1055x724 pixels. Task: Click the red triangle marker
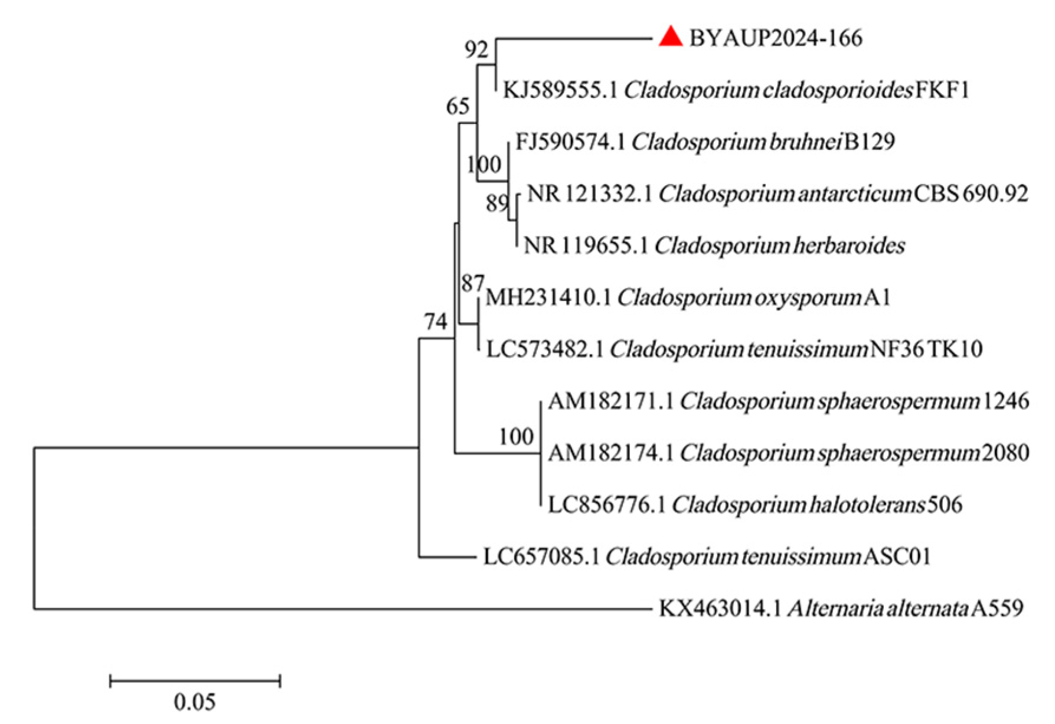tap(671, 38)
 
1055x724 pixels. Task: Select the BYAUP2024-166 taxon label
tap(776, 38)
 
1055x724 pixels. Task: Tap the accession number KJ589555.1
tap(560, 90)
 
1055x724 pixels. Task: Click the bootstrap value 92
tap(476, 50)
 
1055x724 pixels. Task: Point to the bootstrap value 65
tap(458, 106)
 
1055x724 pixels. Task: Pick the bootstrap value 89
tap(497, 204)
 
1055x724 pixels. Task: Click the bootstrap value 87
tap(473, 284)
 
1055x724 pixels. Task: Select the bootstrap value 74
tap(436, 322)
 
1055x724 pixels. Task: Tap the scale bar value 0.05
tap(195, 702)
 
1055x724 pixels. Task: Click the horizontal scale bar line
tap(195, 682)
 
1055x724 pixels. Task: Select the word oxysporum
tap(807, 297)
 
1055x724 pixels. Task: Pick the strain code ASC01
tap(897, 556)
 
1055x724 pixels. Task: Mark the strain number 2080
tap(1005, 453)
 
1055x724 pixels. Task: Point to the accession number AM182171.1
tap(610, 401)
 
